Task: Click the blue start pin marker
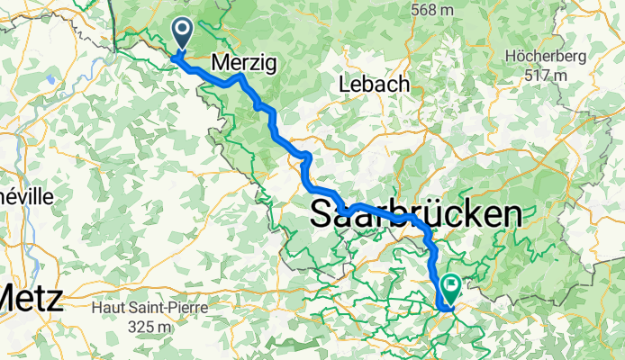[x=182, y=35]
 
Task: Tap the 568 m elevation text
[x=431, y=10]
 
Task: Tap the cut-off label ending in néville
[x=25, y=196]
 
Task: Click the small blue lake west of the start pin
[x=52, y=79]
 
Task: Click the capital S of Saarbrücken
[x=324, y=214]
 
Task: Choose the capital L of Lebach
[x=342, y=84]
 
